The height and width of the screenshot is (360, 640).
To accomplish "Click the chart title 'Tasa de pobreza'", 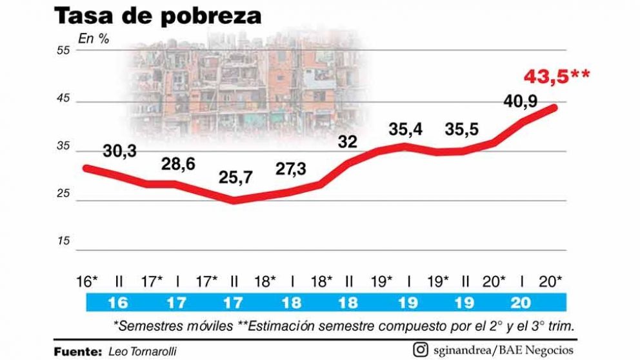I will (157, 16).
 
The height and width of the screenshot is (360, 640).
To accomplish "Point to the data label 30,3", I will (120, 151).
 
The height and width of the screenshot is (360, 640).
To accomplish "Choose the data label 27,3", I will (291, 169).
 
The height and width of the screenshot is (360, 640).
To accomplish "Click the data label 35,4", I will (406, 129).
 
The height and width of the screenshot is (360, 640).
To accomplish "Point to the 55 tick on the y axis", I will (63, 51).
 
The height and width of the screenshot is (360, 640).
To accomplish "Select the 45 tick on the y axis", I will (63, 102).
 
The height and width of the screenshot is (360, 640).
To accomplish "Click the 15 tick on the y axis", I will (63, 241).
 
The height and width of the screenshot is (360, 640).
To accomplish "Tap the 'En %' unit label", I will (94, 37).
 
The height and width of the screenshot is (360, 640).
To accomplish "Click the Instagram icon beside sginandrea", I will (421, 350).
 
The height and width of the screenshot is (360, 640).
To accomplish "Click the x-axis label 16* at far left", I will (86, 281).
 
